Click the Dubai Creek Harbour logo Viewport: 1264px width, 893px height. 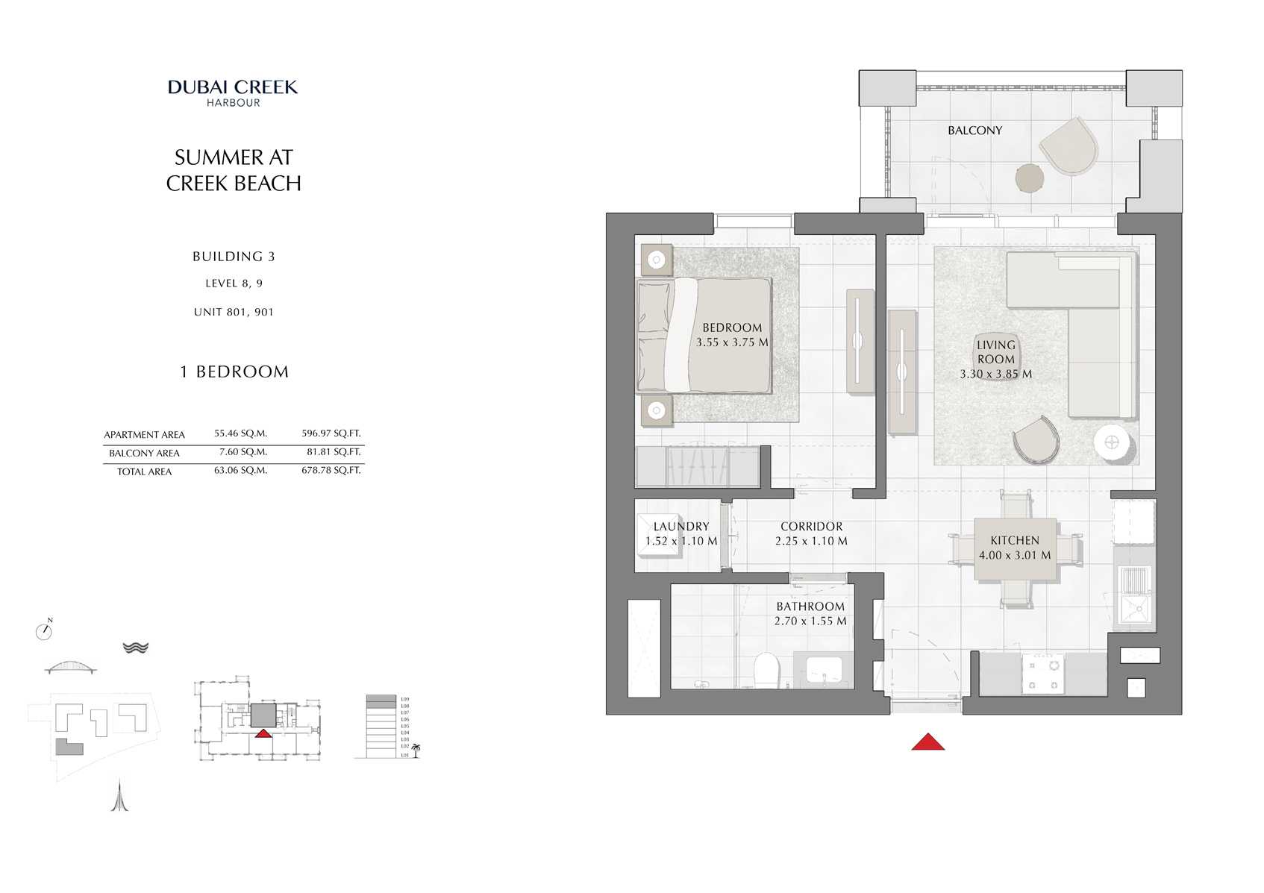click(x=233, y=93)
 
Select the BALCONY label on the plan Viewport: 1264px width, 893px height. click(x=974, y=131)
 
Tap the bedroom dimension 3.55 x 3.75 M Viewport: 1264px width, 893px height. click(x=732, y=342)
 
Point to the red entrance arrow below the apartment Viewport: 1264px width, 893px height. click(x=927, y=742)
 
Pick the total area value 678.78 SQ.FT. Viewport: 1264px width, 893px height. click(x=331, y=471)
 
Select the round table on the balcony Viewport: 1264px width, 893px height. click(x=1030, y=178)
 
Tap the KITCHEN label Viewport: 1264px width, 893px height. click(x=1014, y=540)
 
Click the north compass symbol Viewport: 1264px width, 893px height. click(x=44, y=631)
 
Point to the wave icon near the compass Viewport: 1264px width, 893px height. click(x=135, y=648)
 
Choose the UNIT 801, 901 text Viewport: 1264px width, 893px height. click(x=234, y=313)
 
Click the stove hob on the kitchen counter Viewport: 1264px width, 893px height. click(x=1042, y=673)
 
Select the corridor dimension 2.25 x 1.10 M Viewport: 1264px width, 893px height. click(x=811, y=542)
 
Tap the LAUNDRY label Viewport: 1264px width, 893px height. click(x=681, y=527)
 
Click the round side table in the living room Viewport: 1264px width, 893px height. click(x=1113, y=442)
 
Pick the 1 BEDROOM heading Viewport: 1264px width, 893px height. click(x=234, y=372)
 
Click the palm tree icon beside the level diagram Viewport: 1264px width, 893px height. click(x=416, y=750)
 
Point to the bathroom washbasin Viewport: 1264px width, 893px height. click(x=824, y=669)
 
